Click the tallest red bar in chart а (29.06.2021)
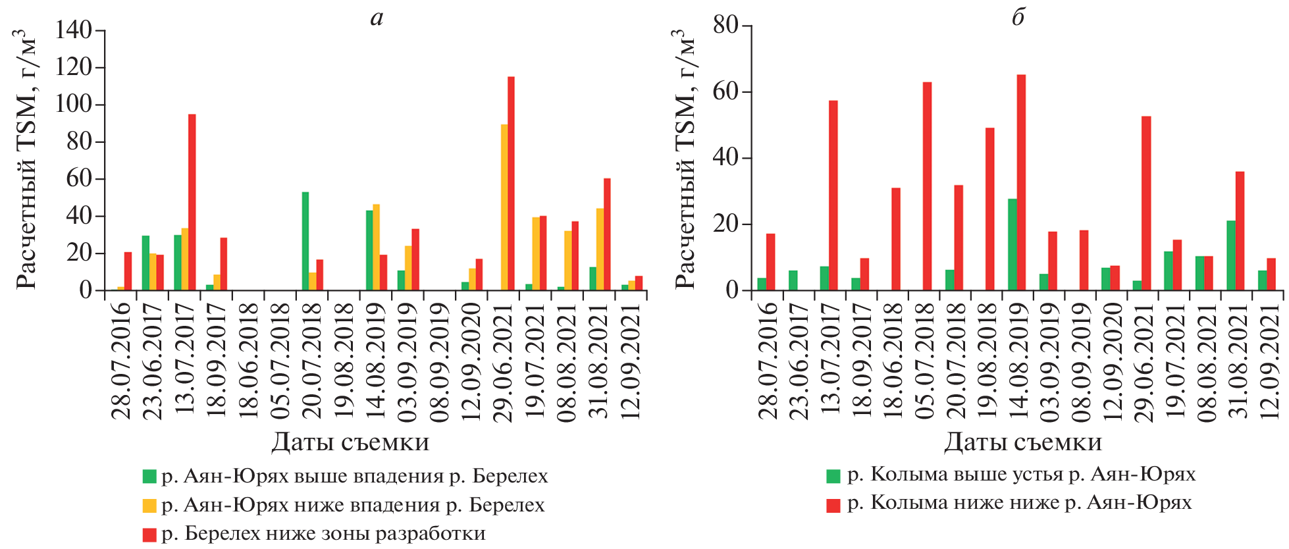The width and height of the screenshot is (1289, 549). click(x=511, y=184)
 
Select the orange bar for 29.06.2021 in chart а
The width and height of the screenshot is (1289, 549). click(x=504, y=207)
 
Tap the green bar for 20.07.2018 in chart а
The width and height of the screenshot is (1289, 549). click(x=305, y=241)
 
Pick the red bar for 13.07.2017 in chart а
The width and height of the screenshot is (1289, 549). click(x=192, y=202)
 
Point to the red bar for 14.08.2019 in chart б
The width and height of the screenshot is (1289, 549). click(x=1021, y=182)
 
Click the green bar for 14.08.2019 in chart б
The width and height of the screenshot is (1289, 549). click(x=1012, y=244)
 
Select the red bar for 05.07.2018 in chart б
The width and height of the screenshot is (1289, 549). click(x=927, y=186)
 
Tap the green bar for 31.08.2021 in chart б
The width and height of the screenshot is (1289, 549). click(x=1230, y=255)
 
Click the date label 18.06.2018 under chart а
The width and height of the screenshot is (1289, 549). click(x=248, y=361)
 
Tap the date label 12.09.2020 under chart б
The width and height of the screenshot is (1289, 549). click(x=1111, y=361)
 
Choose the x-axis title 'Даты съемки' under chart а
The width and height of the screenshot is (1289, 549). click(x=350, y=442)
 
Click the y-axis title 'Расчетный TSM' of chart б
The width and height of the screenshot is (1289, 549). click(x=685, y=158)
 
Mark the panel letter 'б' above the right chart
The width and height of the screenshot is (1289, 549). click(x=1018, y=16)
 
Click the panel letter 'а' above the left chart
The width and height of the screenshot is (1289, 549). click(x=376, y=18)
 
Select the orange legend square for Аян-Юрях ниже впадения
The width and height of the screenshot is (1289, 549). click(x=149, y=505)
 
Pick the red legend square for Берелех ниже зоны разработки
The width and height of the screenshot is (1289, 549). click(x=149, y=534)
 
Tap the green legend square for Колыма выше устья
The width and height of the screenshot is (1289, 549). click(x=833, y=475)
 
